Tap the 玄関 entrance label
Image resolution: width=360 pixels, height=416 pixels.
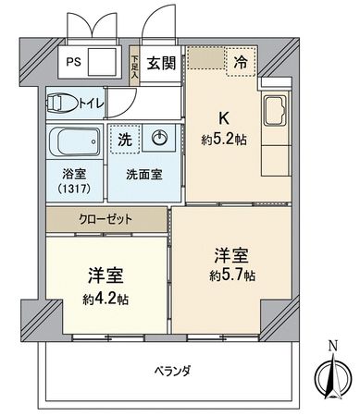click(x=161, y=63)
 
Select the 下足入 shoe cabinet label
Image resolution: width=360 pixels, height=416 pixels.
click(x=134, y=64)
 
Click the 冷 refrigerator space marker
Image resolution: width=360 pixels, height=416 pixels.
click(x=240, y=63)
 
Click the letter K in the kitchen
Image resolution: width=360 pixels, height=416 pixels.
click(x=222, y=118)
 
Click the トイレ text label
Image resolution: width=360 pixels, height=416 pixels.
click(x=91, y=102)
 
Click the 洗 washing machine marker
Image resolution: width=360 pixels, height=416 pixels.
click(x=124, y=140)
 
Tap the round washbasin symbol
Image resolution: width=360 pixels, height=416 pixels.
click(x=159, y=140)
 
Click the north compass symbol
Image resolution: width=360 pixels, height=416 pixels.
click(x=334, y=374)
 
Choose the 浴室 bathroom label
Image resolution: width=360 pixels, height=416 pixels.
click(x=73, y=172)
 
